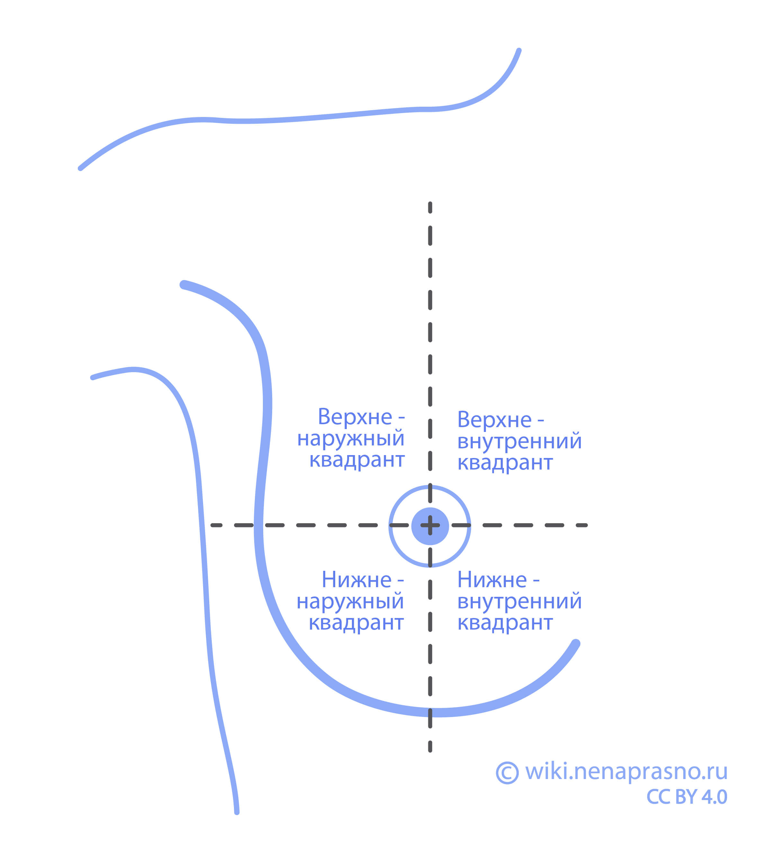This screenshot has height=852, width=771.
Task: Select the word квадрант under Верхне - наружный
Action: click(x=357, y=460)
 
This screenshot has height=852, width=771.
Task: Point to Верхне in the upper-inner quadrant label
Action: click(x=494, y=420)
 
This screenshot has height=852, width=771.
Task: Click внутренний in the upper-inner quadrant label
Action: click(x=519, y=441)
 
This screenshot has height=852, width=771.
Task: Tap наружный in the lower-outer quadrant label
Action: click(x=350, y=601)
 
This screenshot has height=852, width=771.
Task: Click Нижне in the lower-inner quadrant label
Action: click(x=492, y=579)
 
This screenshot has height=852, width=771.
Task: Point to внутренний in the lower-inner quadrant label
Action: click(x=519, y=601)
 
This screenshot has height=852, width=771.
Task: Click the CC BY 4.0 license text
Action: click(x=686, y=797)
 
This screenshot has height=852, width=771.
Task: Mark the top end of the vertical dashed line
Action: click(x=430, y=204)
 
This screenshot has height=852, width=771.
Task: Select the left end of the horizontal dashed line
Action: click(x=213, y=525)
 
